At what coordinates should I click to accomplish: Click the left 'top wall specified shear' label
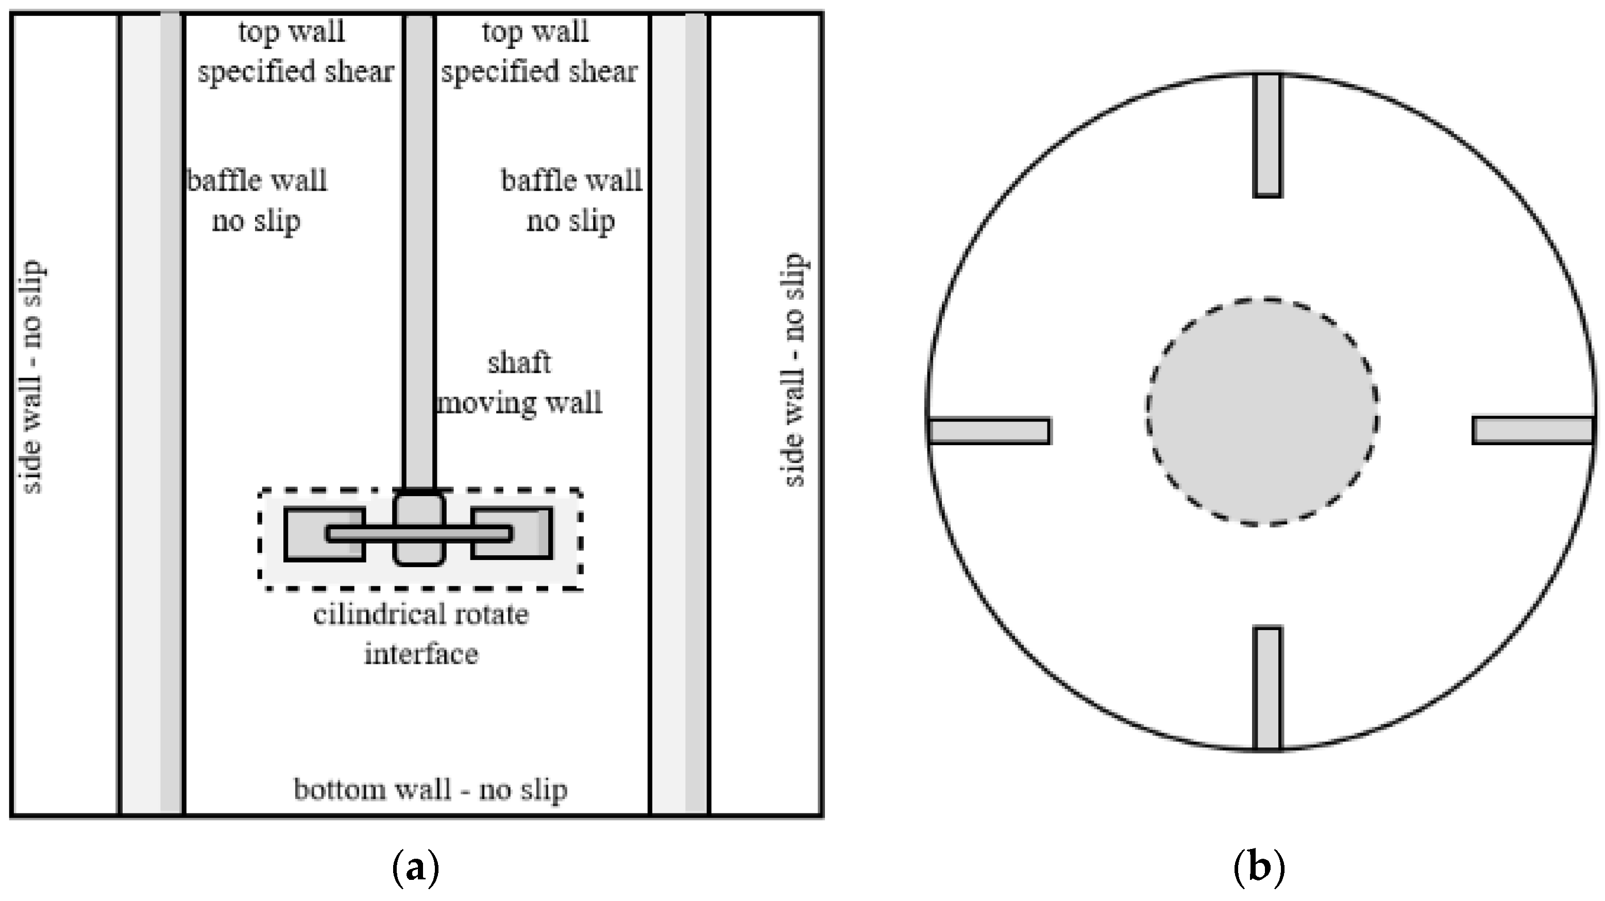[x=294, y=51]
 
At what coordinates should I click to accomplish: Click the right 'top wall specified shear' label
[x=538, y=51]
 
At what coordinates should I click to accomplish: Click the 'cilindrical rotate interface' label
[x=421, y=634]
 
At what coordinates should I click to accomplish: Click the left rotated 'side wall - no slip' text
[x=31, y=377]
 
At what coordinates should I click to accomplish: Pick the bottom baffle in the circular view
[x=1268, y=688]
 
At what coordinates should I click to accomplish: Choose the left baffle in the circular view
[x=989, y=431]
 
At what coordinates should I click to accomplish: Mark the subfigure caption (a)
[x=416, y=868]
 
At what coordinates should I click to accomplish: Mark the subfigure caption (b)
[x=1259, y=868]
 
